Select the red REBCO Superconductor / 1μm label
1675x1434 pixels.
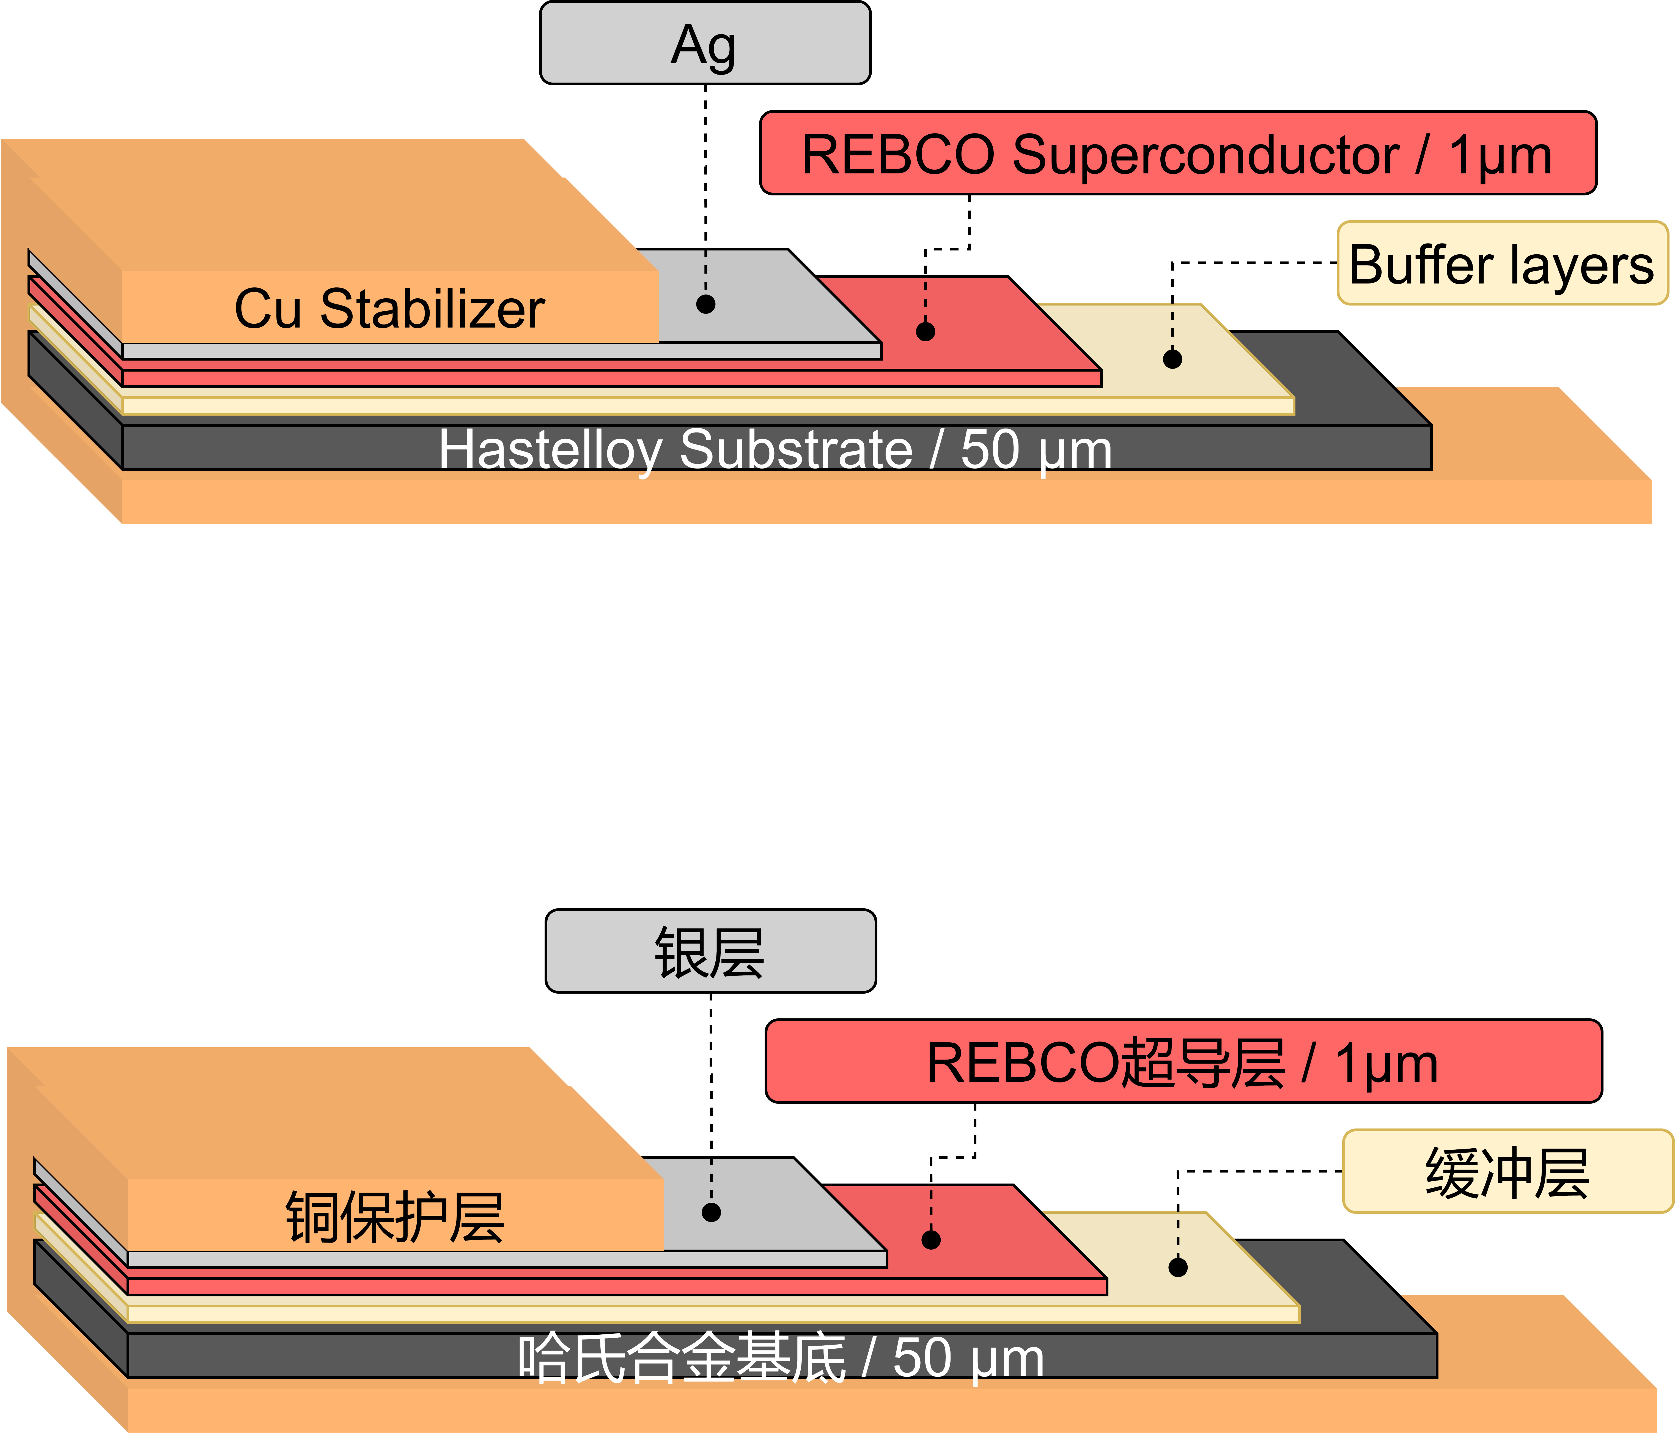1178,153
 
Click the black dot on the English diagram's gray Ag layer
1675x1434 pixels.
706,304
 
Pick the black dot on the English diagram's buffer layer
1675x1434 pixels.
1172,359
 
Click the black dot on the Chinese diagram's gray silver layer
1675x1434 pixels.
711,1212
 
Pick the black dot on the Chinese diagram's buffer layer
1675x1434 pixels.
1178,1267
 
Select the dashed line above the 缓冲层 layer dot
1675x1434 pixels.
1178,1233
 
